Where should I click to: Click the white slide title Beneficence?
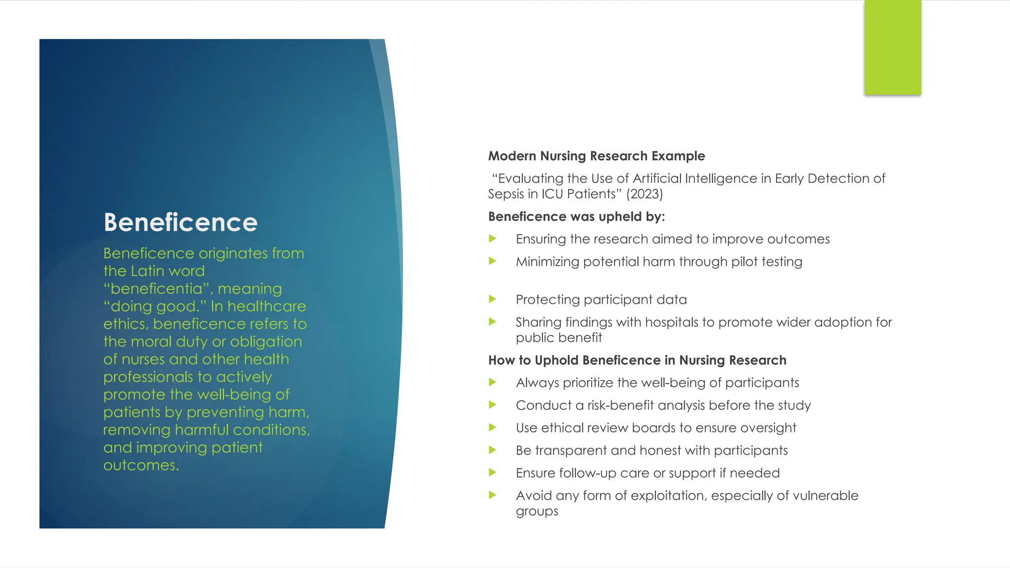[180, 222]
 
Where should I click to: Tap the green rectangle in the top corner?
[893, 47]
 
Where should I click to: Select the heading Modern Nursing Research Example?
[596, 156]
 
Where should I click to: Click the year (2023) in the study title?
[645, 194]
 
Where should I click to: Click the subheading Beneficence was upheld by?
[577, 216]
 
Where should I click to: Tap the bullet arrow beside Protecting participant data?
[492, 299]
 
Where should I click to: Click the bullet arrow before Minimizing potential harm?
[492, 261]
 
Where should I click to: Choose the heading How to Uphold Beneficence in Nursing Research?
[637, 360]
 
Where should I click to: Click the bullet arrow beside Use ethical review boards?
[492, 427]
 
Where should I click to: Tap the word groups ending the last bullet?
[537, 511]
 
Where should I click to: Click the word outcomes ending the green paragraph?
[140, 465]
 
